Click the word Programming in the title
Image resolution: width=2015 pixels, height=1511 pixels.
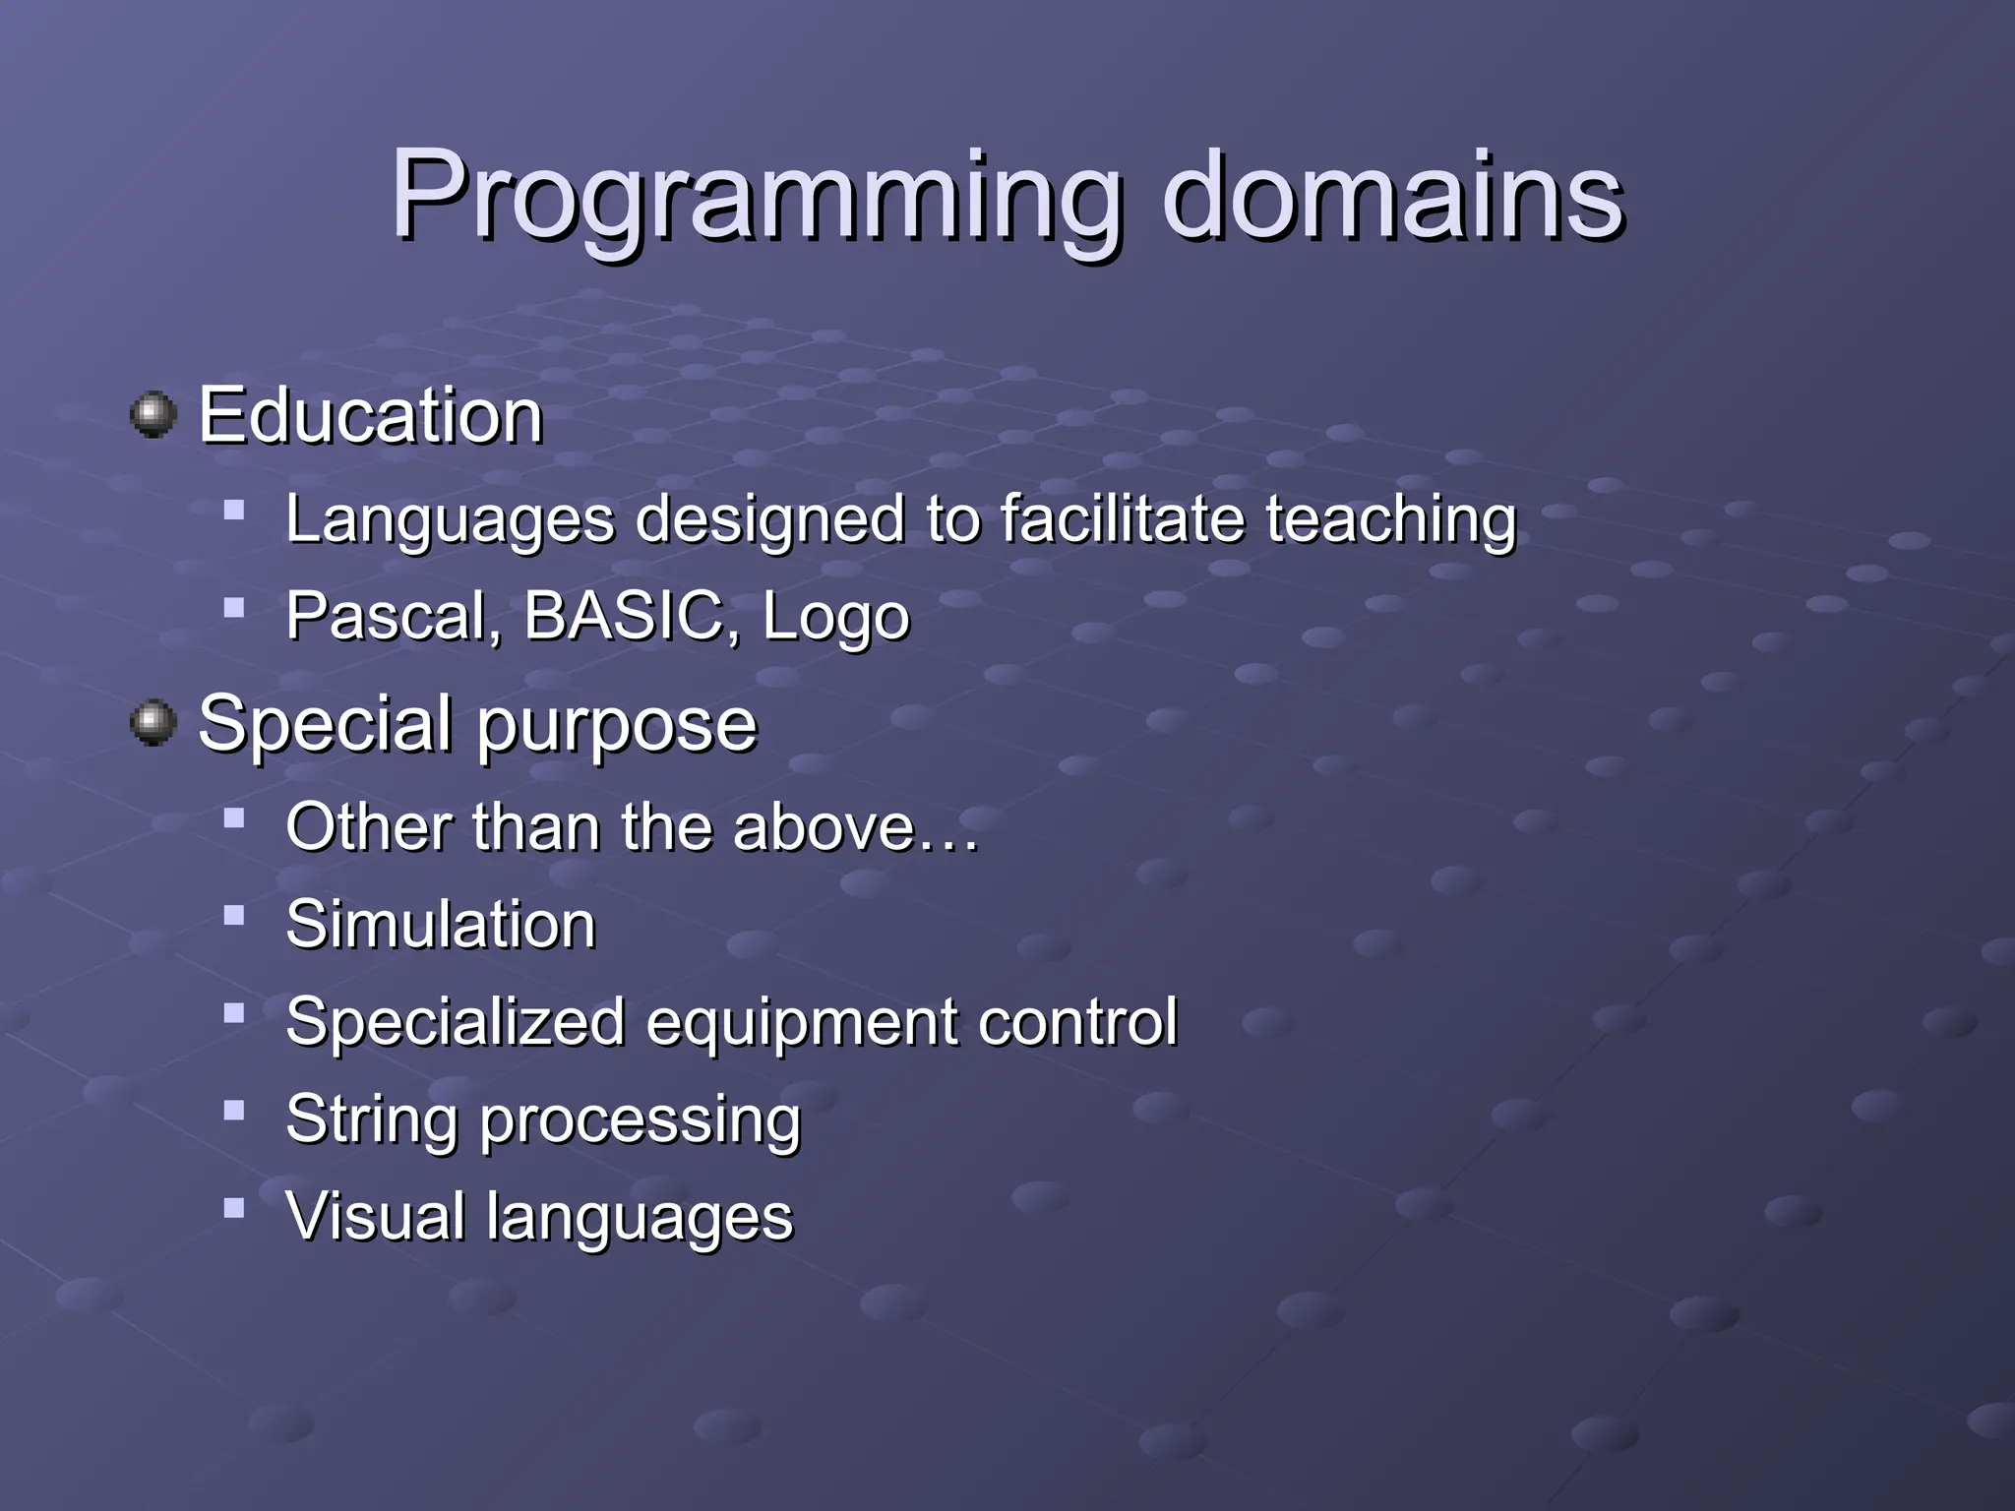(x=756, y=197)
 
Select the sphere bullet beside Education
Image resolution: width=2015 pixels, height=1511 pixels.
(x=153, y=414)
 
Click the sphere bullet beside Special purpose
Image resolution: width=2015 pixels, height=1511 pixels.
(x=153, y=723)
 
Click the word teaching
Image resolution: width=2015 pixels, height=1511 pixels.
(x=1390, y=520)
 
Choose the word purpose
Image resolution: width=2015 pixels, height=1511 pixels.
(x=617, y=726)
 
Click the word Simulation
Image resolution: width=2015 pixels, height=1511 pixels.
(x=441, y=925)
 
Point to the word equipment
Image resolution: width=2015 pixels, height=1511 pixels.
(x=801, y=1023)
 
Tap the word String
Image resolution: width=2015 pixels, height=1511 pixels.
(x=371, y=1119)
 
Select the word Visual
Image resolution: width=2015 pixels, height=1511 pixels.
(x=375, y=1216)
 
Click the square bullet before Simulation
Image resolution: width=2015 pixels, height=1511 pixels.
(x=234, y=916)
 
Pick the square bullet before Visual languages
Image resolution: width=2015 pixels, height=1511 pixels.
(x=234, y=1207)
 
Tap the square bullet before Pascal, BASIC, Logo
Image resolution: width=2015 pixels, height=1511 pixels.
(x=234, y=608)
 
